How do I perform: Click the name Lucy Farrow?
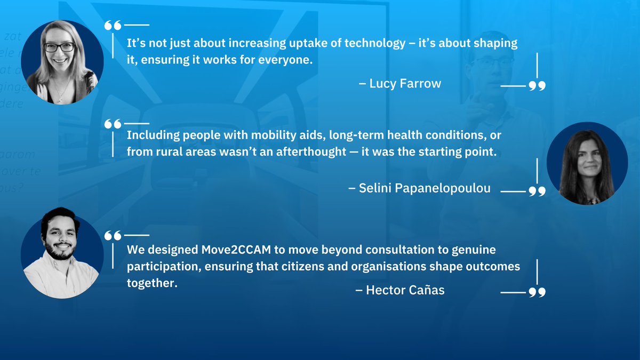(405, 84)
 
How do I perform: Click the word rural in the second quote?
(167, 151)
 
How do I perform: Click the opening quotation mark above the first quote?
(113, 26)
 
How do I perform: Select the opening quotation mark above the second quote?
(113, 124)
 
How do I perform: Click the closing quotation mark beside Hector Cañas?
(537, 292)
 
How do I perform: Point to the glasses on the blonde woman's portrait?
(59, 47)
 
